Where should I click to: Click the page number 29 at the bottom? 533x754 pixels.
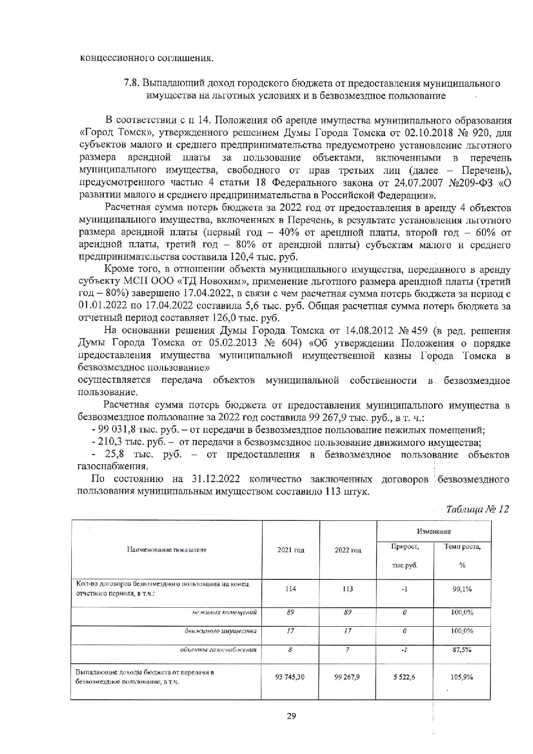(x=291, y=716)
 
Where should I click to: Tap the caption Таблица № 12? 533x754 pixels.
(x=477, y=509)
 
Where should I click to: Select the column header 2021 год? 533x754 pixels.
(x=291, y=550)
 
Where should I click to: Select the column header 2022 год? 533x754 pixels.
(x=348, y=550)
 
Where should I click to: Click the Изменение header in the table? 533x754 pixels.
(x=434, y=532)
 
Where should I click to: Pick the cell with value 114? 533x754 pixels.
(x=291, y=589)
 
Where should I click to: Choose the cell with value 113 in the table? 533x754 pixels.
(x=348, y=589)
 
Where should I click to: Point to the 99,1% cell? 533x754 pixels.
(x=462, y=589)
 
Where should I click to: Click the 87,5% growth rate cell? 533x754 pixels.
(x=462, y=650)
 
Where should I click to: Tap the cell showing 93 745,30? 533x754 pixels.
(x=290, y=677)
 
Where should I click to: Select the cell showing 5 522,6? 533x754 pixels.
(x=404, y=677)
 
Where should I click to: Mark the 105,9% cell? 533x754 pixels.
(x=462, y=677)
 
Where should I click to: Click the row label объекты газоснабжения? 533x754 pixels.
(x=218, y=650)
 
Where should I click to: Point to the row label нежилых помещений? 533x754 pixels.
(x=225, y=612)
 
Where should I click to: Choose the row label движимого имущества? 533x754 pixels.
(x=221, y=631)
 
